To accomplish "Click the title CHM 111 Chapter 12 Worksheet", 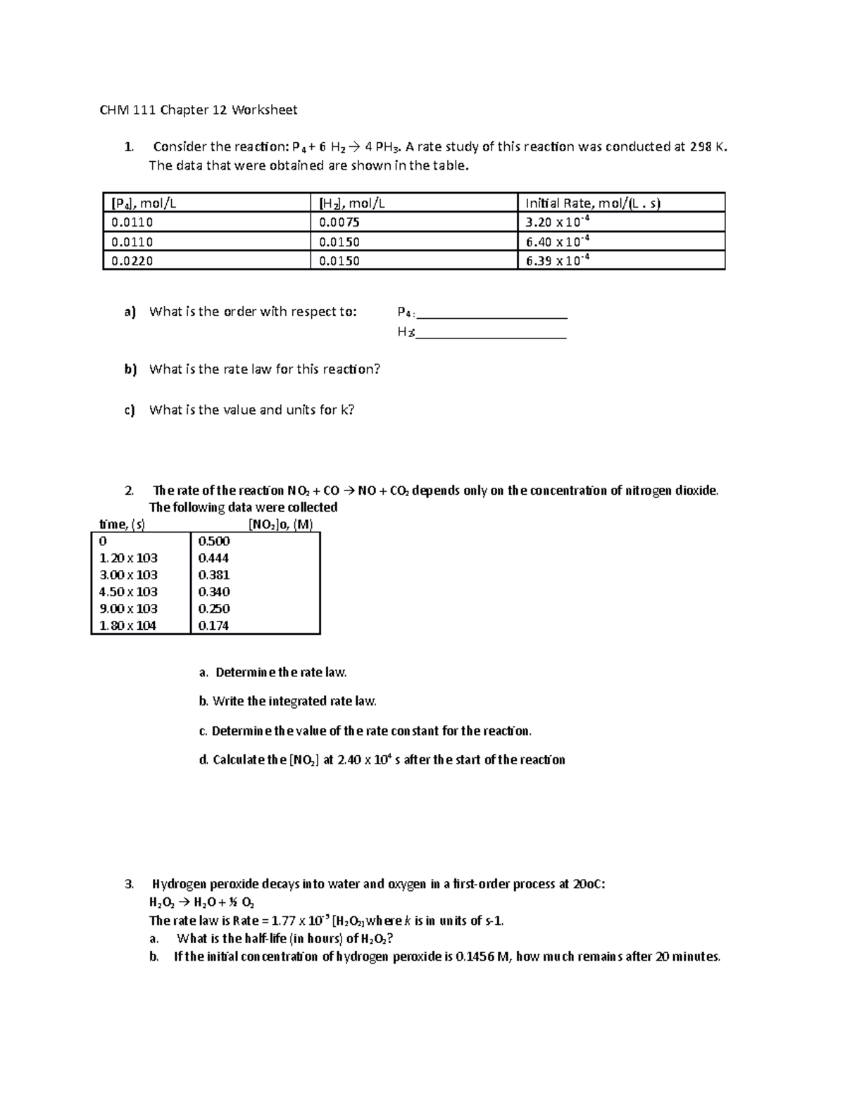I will click(198, 110).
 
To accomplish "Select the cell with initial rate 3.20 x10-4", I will click(557, 222).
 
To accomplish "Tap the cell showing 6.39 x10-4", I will click(557, 261).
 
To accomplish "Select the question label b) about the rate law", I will click(130, 369).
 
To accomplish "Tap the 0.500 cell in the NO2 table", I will click(213, 541).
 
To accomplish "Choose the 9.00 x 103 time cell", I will click(128, 609).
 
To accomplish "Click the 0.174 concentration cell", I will click(213, 626).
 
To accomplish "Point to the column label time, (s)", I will click(122, 524).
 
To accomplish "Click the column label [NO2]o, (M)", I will click(280, 524).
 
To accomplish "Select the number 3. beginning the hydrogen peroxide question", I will click(128, 884).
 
